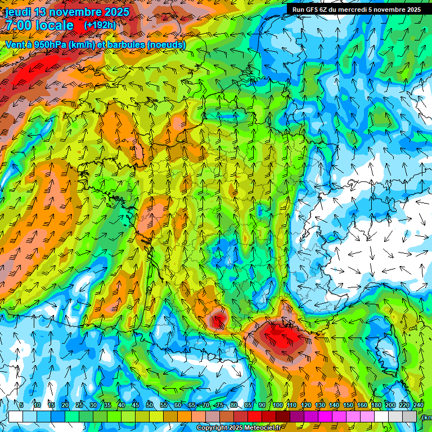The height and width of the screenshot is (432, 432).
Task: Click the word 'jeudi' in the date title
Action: click(19, 12)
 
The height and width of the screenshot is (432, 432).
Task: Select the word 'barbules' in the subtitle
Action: click(121, 44)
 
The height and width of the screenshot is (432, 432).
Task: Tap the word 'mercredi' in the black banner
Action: click(355, 10)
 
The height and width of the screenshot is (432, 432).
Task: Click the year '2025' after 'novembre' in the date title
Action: click(115, 12)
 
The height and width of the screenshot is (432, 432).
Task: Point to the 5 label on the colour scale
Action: click(21, 405)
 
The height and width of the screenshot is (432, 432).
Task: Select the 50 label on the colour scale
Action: click(150, 405)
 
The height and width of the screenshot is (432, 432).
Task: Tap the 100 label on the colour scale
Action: click(277, 405)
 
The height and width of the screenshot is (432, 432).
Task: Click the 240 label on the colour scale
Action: click(418, 405)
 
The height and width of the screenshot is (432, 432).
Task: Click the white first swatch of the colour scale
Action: click(15, 416)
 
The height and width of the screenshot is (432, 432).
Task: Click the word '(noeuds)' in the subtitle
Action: click(166, 44)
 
